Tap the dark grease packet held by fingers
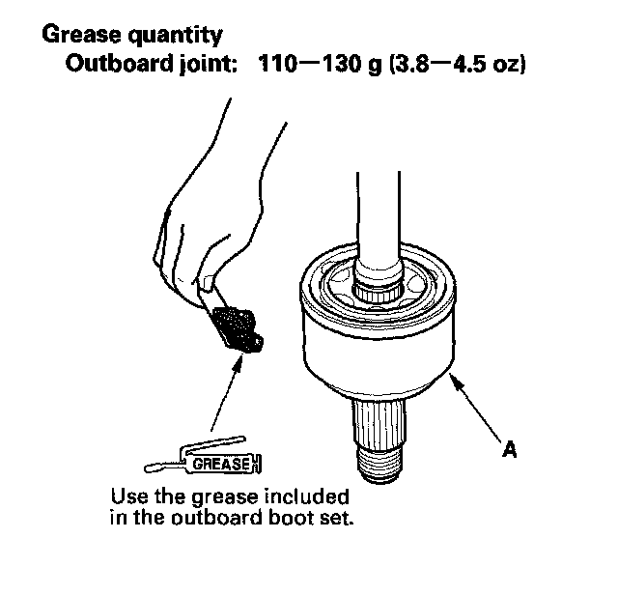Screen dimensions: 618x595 coord(237,326)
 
